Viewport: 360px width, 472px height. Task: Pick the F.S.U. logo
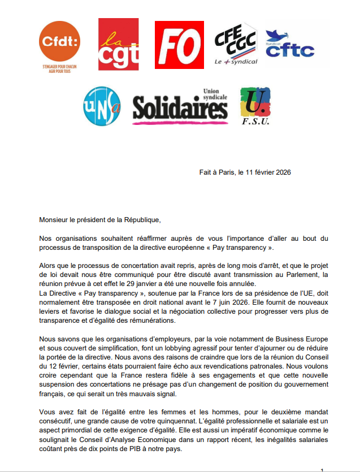[255, 106]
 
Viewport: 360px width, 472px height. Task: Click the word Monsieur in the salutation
[55, 218]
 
